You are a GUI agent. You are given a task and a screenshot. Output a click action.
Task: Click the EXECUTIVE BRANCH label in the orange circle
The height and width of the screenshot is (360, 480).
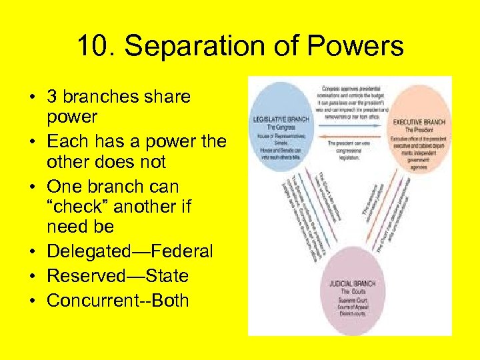[x=419, y=123]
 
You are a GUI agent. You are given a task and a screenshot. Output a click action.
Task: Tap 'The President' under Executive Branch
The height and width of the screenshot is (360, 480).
[x=419, y=130]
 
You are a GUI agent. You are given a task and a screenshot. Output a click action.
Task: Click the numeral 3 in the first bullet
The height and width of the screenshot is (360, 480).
[x=52, y=97]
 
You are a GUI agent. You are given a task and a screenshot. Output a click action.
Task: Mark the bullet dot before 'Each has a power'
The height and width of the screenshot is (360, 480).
[x=33, y=142]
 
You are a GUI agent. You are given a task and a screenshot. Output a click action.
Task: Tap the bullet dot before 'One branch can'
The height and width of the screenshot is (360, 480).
[x=33, y=187]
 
